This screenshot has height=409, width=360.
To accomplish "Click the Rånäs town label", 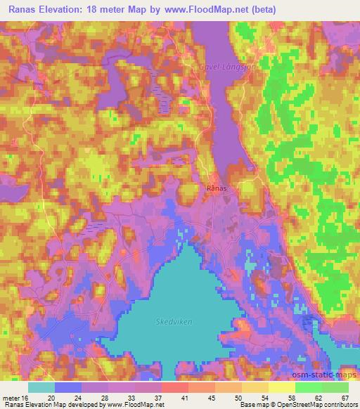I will (216, 188).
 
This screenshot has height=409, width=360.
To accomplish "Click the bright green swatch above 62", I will (308, 387).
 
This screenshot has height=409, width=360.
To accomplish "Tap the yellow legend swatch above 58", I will (281, 387).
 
